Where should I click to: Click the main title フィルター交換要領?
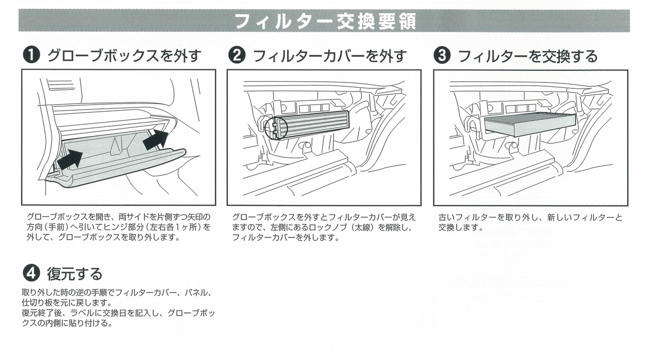(325, 22)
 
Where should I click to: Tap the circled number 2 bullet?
(237, 56)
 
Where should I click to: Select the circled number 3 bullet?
(443, 56)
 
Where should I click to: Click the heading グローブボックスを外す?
(124, 56)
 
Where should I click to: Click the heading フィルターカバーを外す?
(330, 56)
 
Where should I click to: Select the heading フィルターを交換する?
(527, 56)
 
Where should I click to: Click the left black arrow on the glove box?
(71, 159)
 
